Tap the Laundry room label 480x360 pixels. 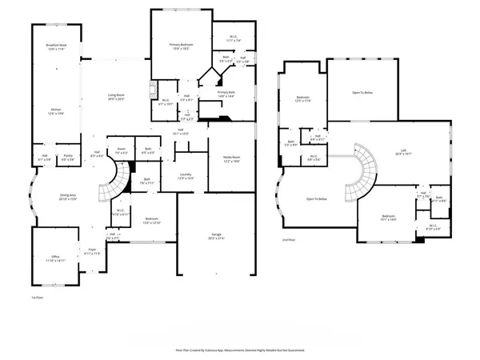click(186, 175)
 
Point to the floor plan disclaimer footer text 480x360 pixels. click(239, 350)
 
